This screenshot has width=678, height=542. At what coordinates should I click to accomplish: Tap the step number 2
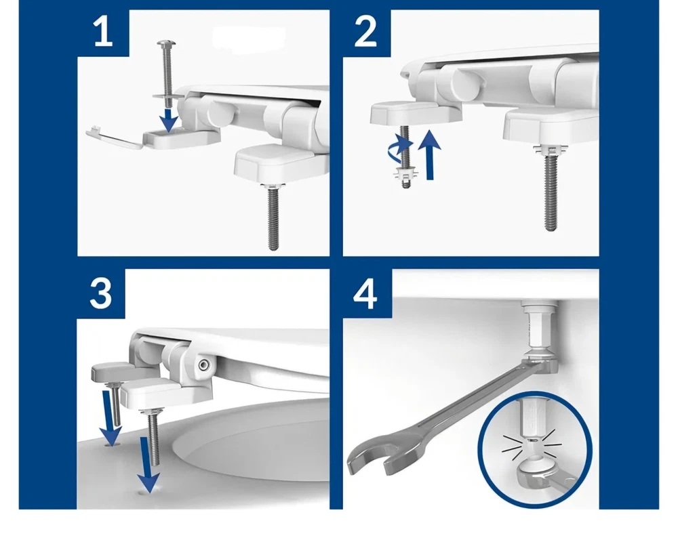click(x=365, y=31)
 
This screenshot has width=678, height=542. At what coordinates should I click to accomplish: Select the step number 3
click(x=100, y=293)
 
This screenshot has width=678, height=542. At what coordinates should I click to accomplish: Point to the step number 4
click(x=365, y=294)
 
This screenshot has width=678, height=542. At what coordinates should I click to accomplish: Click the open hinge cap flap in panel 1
click(x=115, y=137)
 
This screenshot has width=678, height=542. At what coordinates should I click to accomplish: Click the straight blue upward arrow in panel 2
click(x=430, y=154)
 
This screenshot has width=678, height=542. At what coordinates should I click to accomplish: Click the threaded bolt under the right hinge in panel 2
click(x=549, y=192)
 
